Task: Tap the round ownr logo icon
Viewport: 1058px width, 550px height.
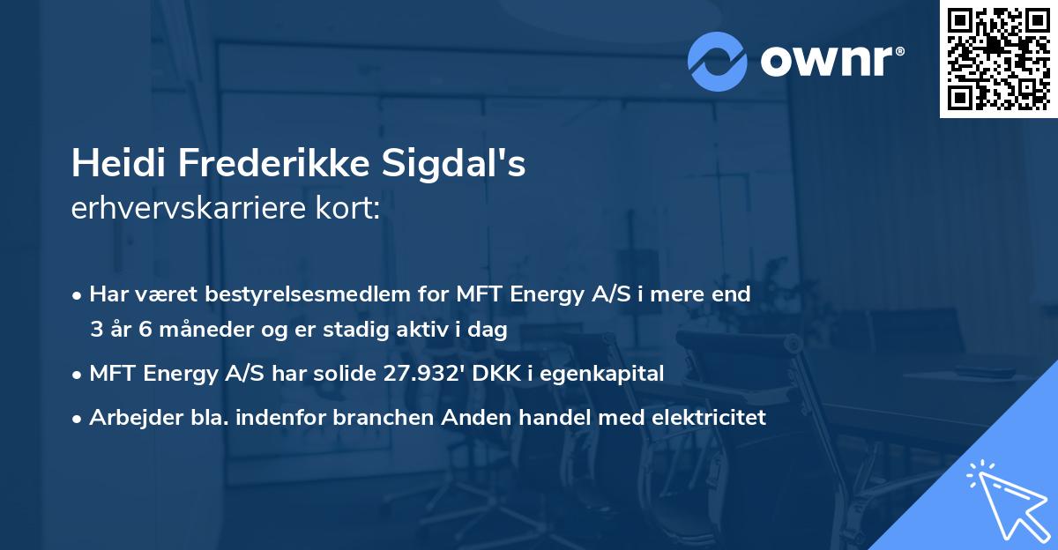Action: (x=717, y=61)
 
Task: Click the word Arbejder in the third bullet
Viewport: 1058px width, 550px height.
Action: (x=127, y=418)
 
